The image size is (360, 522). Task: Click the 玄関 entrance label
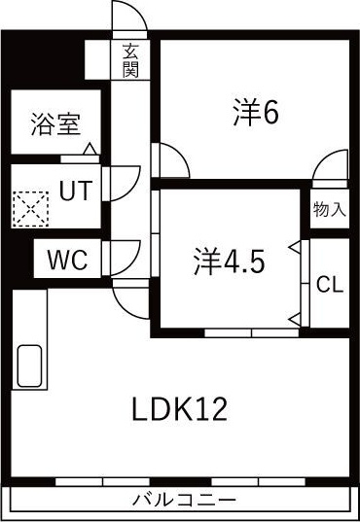click(x=130, y=60)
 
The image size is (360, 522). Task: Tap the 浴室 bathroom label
click(x=56, y=123)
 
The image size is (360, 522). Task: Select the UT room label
click(x=76, y=191)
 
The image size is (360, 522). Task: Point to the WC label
click(x=68, y=260)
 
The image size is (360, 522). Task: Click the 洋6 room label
click(x=256, y=113)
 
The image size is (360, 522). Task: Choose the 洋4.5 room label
click(x=230, y=261)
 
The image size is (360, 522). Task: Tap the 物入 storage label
click(x=329, y=209)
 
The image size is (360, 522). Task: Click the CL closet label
click(x=330, y=284)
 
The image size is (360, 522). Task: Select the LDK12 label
click(x=180, y=409)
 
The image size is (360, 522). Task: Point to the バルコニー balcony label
click(x=184, y=500)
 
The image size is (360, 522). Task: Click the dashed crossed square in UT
click(x=31, y=209)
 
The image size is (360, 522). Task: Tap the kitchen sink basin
click(x=29, y=365)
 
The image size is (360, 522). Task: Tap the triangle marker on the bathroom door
click(x=90, y=149)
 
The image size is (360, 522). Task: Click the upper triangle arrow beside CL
click(x=295, y=247)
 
